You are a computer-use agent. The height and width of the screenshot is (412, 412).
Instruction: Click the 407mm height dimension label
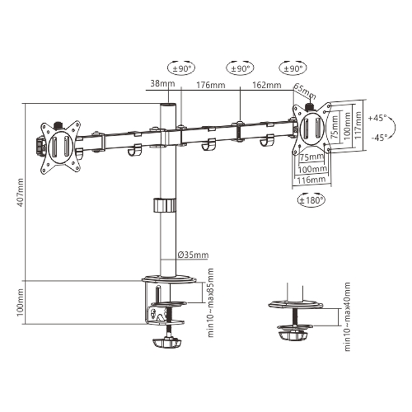21,192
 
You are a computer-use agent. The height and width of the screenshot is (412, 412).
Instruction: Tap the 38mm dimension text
158,85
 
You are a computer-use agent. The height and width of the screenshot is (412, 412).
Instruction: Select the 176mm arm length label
210,85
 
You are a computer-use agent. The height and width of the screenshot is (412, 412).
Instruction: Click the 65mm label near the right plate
304,92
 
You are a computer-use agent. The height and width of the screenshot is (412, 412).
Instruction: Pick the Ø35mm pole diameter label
193,255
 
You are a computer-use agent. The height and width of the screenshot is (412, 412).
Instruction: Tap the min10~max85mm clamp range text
211,302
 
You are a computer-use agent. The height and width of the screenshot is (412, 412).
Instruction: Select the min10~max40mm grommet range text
347,316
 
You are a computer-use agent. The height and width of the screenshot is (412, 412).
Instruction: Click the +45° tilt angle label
377,118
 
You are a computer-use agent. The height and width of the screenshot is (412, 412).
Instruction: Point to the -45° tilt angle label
377,137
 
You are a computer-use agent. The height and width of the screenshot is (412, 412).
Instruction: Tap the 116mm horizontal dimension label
311,179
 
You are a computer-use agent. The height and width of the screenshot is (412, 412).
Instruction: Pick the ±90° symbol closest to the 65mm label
293,68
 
